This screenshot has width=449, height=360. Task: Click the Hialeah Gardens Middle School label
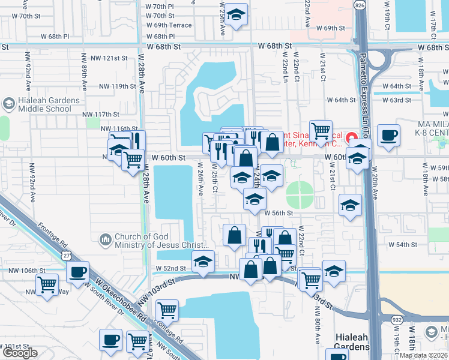tap(49, 104)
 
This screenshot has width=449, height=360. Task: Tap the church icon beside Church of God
tap(106, 240)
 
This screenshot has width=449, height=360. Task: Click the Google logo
tap(20, 353)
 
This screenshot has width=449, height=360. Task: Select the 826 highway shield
tap(360, 5)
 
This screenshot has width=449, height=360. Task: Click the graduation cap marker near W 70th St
tap(238, 16)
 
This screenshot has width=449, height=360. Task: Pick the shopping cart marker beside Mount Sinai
tap(321, 130)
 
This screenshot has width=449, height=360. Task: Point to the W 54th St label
tap(402, 245)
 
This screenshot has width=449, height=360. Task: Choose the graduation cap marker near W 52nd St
tap(203, 262)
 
